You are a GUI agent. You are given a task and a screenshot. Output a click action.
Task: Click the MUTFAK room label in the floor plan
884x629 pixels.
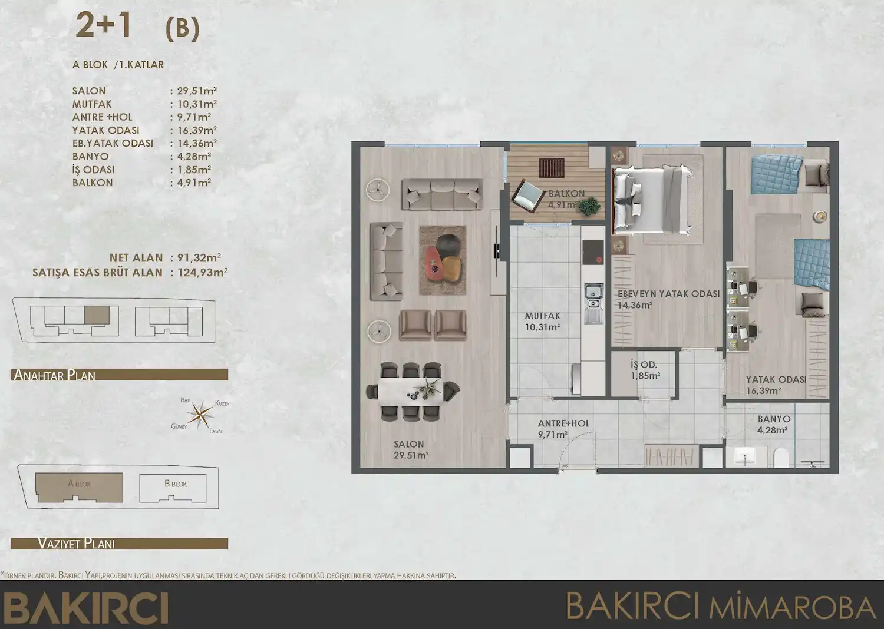(542, 316)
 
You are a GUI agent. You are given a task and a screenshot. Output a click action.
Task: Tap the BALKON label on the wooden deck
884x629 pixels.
(566, 193)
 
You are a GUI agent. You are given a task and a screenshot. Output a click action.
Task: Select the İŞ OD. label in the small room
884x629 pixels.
(644, 365)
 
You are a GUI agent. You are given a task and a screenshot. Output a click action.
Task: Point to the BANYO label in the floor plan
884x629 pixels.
(774, 419)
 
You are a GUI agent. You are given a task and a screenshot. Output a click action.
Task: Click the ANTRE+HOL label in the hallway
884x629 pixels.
(563, 423)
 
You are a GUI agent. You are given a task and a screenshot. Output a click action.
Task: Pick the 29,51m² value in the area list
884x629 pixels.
(197, 91)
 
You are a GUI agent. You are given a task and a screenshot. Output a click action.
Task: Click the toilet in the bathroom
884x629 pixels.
(779, 458)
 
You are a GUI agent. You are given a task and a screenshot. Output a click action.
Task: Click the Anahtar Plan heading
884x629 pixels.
(54, 375)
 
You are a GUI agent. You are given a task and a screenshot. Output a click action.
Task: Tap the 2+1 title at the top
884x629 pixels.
(103, 27)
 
